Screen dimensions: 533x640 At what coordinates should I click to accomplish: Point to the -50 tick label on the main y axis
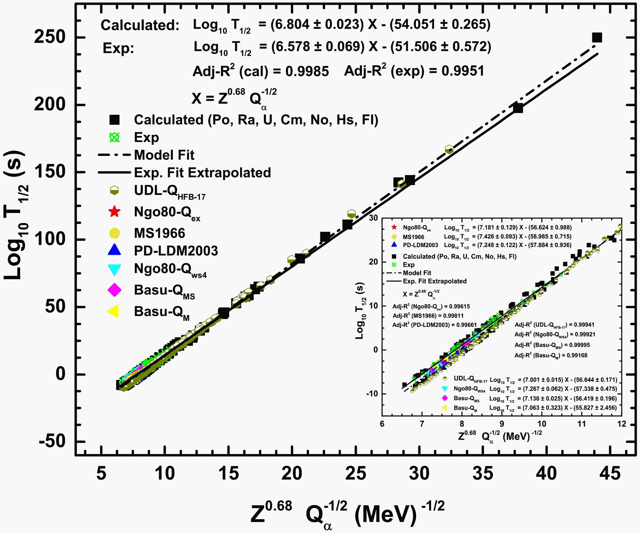pyautogui.click(x=52, y=441)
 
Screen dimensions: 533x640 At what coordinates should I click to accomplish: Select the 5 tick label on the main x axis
pyautogui.click(x=101, y=473)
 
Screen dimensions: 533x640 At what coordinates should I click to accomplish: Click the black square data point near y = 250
pyautogui.click(x=597, y=38)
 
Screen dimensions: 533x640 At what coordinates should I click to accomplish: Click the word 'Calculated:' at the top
pyautogui.click(x=140, y=25)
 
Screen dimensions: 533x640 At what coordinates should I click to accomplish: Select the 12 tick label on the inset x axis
pyautogui.click(x=622, y=424)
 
